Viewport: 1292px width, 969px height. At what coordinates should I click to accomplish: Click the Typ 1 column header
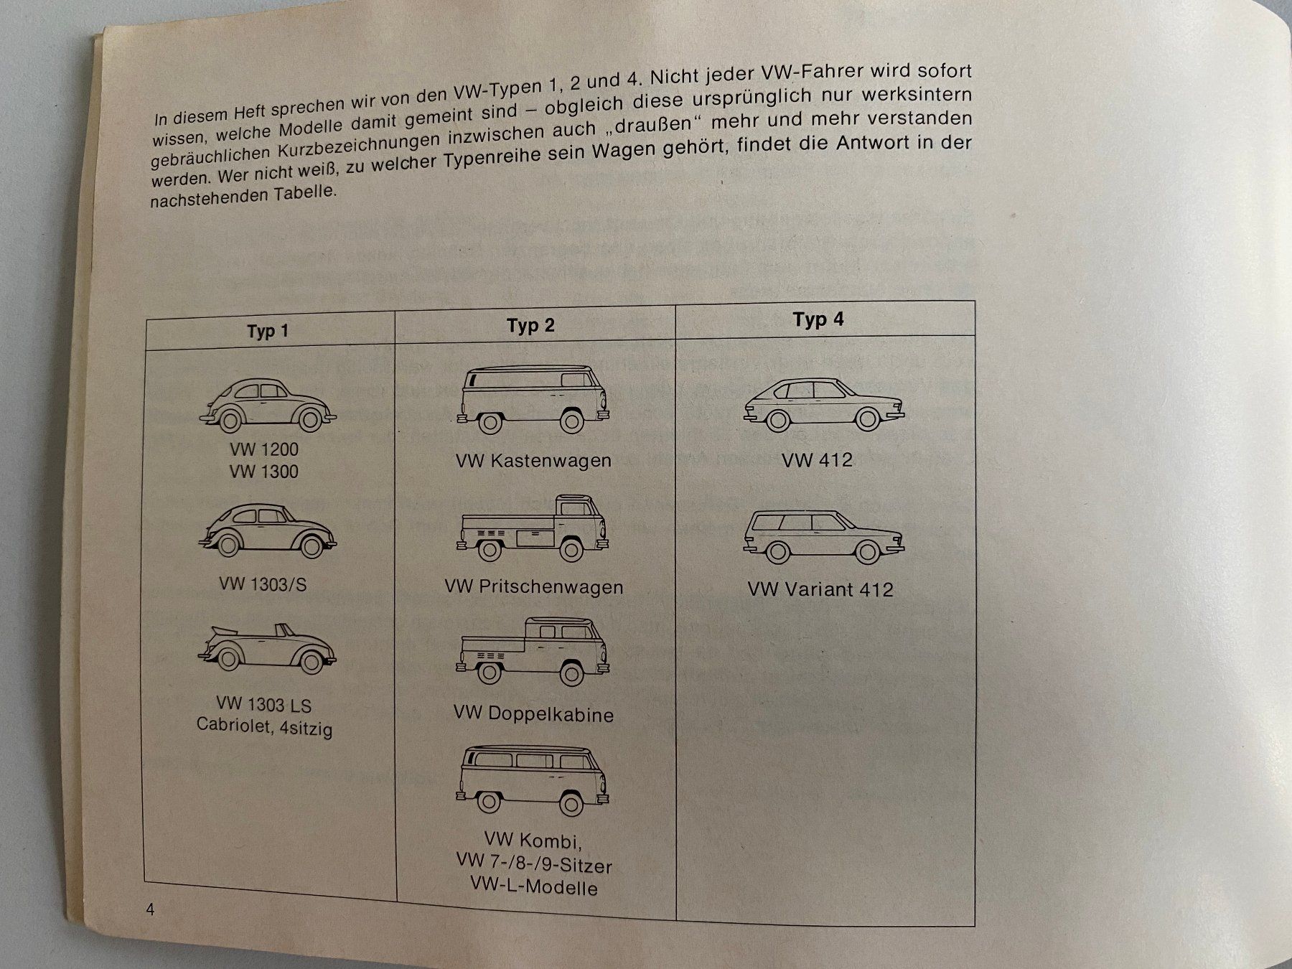pos(267,332)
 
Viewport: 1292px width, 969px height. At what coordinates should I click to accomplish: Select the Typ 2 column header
pos(530,326)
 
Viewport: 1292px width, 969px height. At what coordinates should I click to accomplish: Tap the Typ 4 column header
pos(818,319)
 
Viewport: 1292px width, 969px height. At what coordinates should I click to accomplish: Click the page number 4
pos(150,910)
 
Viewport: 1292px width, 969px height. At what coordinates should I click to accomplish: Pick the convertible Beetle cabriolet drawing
pos(267,650)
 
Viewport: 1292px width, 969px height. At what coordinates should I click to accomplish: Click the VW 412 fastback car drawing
pos(824,406)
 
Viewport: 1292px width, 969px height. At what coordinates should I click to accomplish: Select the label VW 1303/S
pos(263,584)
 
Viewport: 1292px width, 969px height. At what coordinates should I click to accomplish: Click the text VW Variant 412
pos(820,590)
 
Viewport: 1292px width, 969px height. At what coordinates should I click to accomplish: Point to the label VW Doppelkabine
pos(533,714)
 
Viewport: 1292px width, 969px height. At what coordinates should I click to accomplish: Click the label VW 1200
pos(264,450)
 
